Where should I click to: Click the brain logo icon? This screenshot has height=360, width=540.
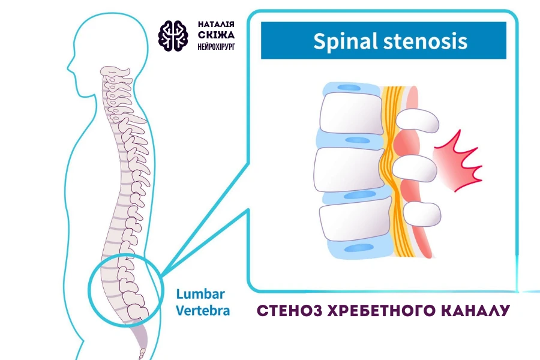174,35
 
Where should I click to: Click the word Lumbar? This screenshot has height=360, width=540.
200,295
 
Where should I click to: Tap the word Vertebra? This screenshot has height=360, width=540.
203,311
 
